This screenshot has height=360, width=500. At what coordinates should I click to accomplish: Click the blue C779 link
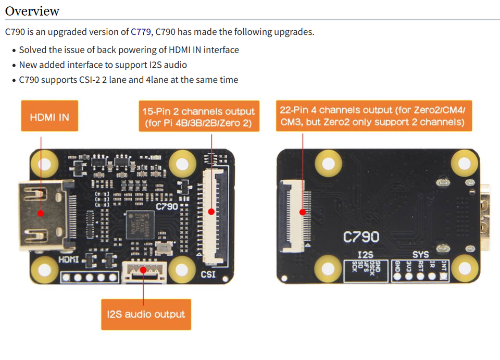(141, 32)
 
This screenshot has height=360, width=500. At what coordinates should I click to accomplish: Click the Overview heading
(32, 11)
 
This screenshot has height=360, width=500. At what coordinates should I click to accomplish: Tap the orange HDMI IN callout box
(49, 116)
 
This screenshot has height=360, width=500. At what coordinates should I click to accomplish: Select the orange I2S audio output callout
(146, 314)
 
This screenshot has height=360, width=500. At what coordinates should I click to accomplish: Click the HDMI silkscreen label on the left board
(68, 259)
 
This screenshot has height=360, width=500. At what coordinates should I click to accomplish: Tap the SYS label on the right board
(420, 254)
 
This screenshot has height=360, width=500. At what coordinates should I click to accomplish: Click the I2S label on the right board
(366, 254)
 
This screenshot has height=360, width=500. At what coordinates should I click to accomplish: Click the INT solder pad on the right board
(444, 276)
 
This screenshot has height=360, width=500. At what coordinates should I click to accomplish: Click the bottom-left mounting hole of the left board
(44, 269)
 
